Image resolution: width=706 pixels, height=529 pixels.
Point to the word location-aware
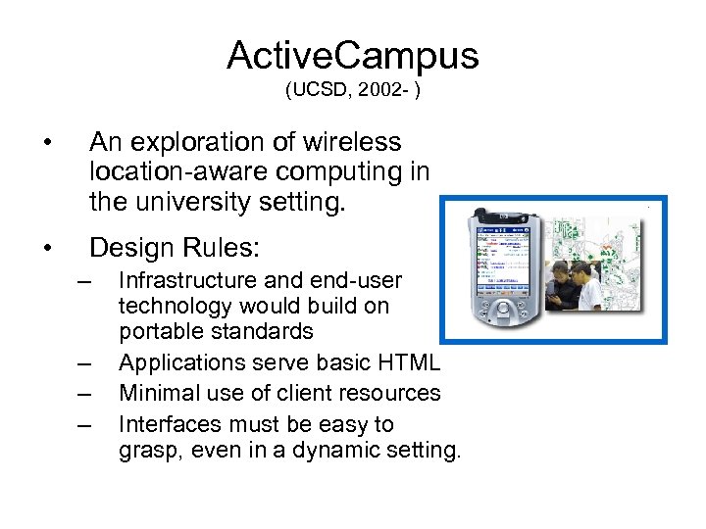[174, 172]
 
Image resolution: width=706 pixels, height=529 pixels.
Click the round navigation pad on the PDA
[503, 315]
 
